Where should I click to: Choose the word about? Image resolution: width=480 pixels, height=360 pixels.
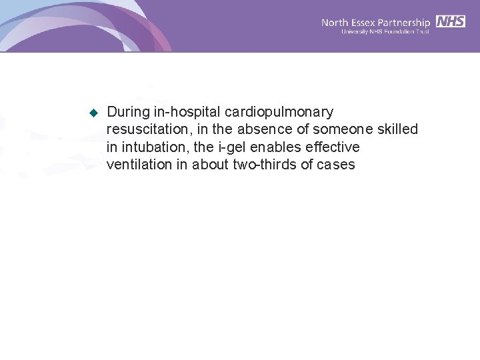point(210,164)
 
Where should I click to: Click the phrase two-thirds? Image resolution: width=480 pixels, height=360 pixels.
point(265,164)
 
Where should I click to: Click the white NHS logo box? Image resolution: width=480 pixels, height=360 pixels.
point(451,21)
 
